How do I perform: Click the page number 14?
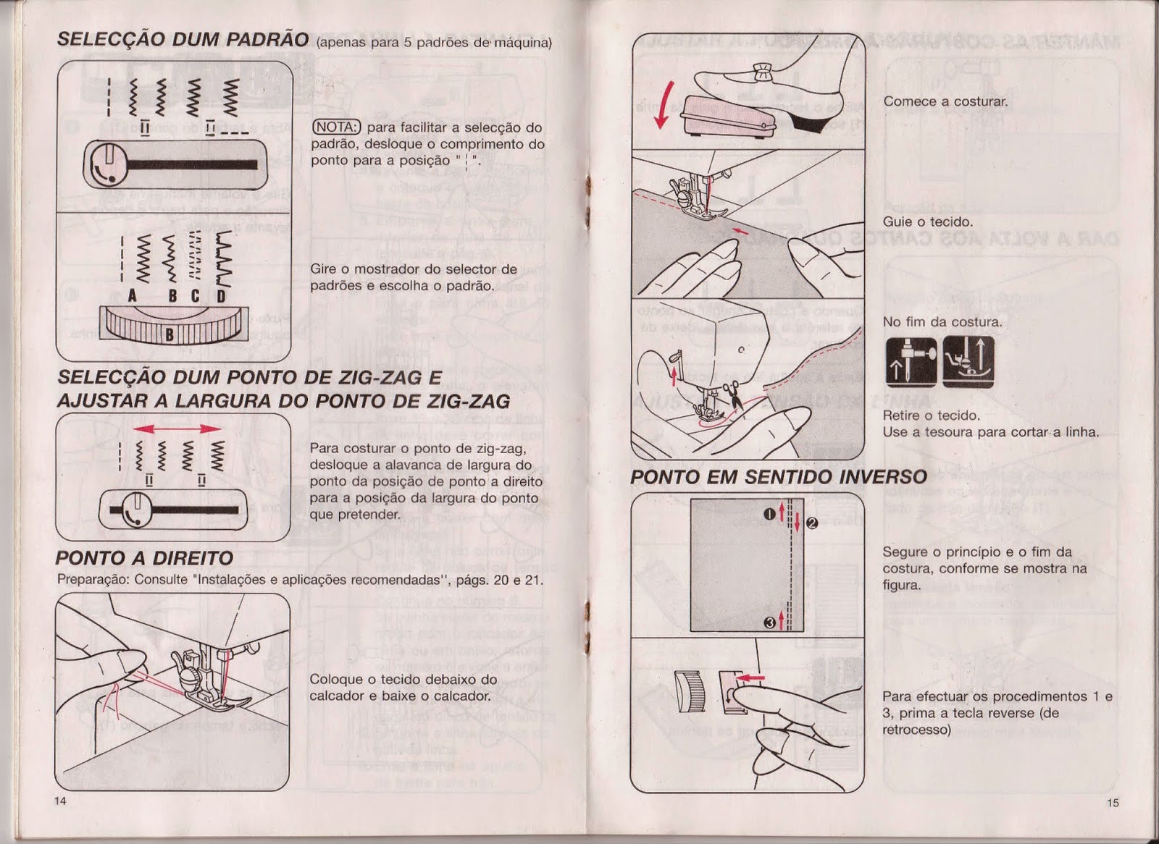[60, 801]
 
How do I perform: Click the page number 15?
[1113, 802]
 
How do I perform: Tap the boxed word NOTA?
[336, 127]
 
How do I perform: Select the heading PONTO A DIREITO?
[144, 557]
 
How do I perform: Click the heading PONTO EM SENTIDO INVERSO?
[778, 477]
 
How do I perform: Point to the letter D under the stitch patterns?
[221, 296]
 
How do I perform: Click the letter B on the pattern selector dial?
[170, 335]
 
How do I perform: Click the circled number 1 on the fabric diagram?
[769, 515]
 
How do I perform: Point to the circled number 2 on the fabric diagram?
[811, 523]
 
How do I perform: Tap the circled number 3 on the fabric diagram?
[770, 623]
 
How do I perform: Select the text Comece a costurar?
[945, 101]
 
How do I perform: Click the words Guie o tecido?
[927, 221]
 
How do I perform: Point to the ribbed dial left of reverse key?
[688, 691]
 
